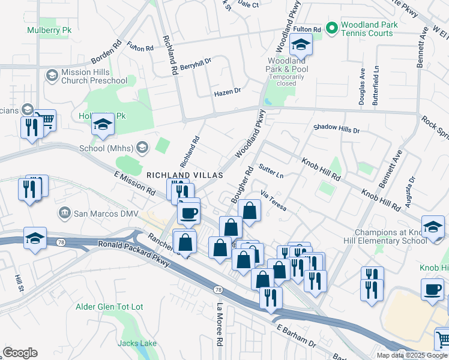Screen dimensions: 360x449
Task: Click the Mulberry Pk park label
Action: pyautogui.click(x=45, y=29)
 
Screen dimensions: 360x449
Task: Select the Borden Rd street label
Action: pyautogui.click(x=106, y=53)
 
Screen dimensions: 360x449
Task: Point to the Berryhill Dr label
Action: pyautogui.click(x=196, y=62)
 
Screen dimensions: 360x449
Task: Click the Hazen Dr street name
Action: pyautogui.click(x=228, y=92)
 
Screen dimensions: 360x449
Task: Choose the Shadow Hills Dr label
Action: pyautogui.click(x=336, y=129)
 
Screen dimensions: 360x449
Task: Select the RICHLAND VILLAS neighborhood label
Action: pyautogui.click(x=185, y=175)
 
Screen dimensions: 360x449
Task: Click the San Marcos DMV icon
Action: pyautogui.click(x=64, y=213)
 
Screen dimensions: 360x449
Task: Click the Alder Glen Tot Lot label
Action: pyautogui.click(x=109, y=307)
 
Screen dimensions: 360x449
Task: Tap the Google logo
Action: pyautogui.click(x=20, y=353)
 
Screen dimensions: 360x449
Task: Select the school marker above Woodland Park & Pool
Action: pyautogui.click(x=301, y=44)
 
